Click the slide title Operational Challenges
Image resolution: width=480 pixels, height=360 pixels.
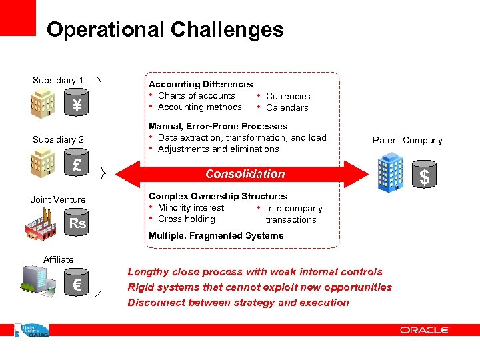point(165,30)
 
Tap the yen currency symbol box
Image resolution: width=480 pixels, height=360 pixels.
point(77,105)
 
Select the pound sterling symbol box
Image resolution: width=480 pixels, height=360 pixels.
point(77,165)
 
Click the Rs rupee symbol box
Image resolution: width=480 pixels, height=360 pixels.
point(77,223)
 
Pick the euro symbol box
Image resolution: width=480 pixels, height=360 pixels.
point(77,286)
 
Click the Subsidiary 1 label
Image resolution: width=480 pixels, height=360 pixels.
point(58,81)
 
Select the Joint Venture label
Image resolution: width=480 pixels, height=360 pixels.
point(58,199)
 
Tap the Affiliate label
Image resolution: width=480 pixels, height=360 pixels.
point(58,259)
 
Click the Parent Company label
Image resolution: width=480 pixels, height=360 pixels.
point(407,140)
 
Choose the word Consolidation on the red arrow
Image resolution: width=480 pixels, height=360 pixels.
point(245,174)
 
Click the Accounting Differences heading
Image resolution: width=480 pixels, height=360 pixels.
point(201,84)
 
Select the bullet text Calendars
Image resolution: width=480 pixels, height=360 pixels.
point(287,107)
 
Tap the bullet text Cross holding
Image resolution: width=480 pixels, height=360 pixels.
point(186,219)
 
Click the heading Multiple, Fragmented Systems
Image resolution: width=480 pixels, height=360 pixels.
point(216,235)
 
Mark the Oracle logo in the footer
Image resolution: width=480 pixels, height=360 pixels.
point(425,330)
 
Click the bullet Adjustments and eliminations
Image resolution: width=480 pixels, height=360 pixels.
point(218,149)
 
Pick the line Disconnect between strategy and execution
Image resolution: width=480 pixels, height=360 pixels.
point(238,303)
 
